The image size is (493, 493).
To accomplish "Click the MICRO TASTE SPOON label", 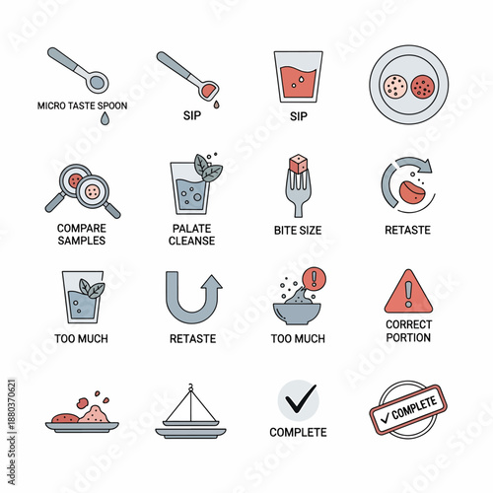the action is pyautogui.click(x=82, y=106).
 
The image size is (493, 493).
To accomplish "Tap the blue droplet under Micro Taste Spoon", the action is pyautogui.click(x=105, y=118).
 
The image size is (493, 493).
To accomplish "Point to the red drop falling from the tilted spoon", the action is pyautogui.click(x=216, y=105).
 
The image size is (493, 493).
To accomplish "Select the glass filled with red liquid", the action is pyautogui.click(x=298, y=77).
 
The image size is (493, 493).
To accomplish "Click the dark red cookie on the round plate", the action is pyautogui.click(x=423, y=87).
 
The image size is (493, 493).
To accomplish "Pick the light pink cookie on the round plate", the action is pyautogui.click(x=395, y=87).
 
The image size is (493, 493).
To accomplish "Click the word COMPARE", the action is pyautogui.click(x=82, y=228).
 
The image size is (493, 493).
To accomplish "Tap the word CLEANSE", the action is pyautogui.click(x=191, y=241).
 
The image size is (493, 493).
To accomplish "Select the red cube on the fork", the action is pyautogui.click(x=299, y=164).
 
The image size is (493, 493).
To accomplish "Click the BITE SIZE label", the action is pyautogui.click(x=298, y=231).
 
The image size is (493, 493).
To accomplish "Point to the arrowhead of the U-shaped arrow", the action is pyautogui.click(x=212, y=282).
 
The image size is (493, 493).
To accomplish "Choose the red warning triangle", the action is pyautogui.click(x=408, y=292).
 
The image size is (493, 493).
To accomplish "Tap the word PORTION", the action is pyautogui.click(x=408, y=337).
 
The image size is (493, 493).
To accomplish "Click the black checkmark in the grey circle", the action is pyautogui.click(x=301, y=398).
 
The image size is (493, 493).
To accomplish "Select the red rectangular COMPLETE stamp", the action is pyautogui.click(x=408, y=410).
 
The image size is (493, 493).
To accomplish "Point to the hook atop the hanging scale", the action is pyautogui.click(x=190, y=387).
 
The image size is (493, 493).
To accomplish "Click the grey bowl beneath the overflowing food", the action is pyautogui.click(x=297, y=314).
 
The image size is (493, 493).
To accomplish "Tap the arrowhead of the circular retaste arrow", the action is pyautogui.click(x=425, y=166).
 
